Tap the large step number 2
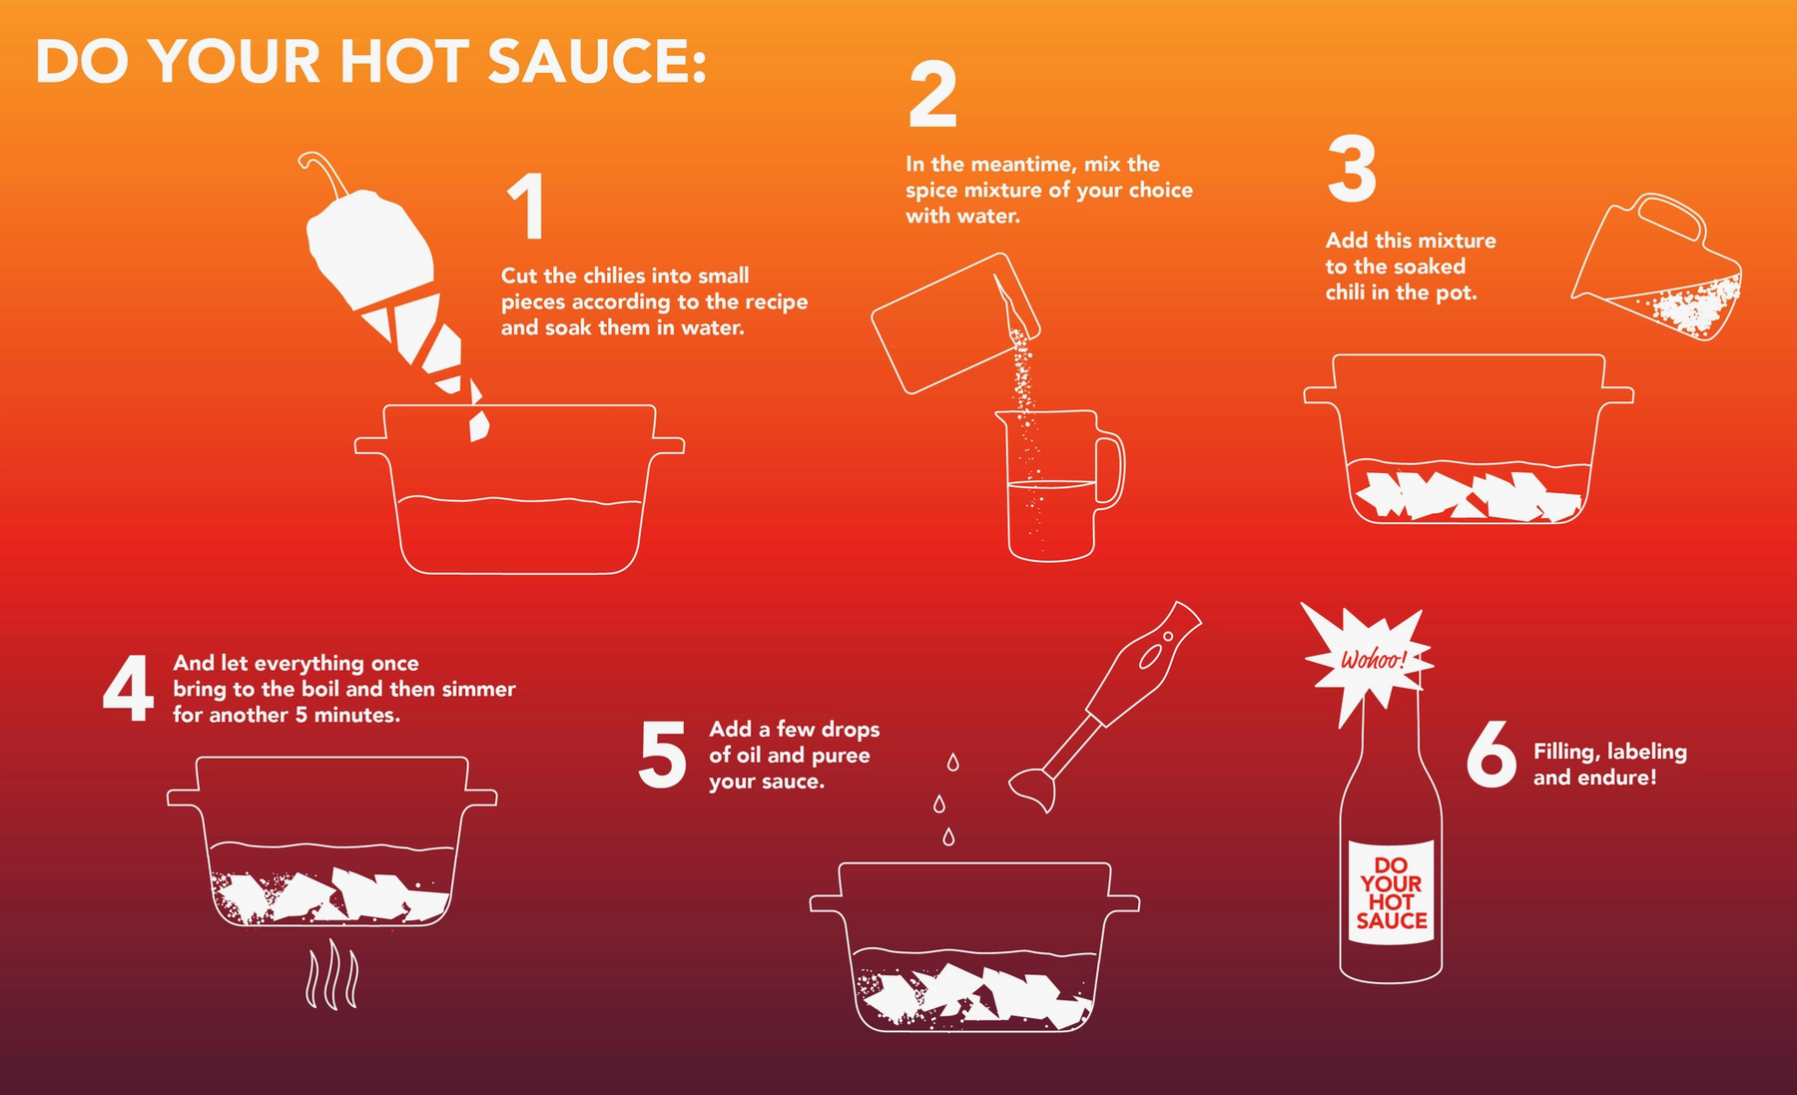932,95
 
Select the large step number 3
1352,169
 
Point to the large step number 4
128,688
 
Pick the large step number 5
662,755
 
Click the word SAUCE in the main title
597,61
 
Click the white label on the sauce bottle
1391,891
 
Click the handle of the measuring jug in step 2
1110,471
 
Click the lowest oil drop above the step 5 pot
948,836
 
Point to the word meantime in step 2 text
1032,164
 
